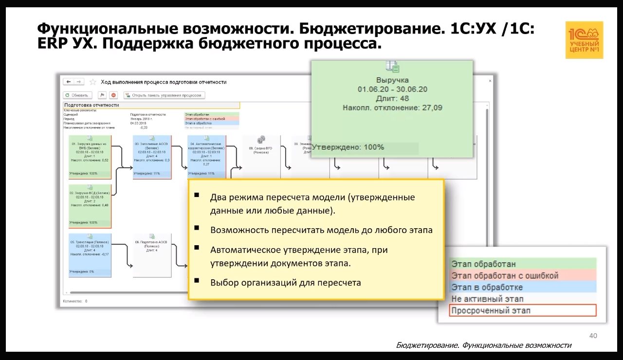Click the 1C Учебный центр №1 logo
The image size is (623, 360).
584,40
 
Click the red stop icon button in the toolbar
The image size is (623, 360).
113,95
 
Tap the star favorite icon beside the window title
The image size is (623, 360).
92,82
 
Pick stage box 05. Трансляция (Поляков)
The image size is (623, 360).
90,255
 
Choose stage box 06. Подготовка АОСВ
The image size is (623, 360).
152,255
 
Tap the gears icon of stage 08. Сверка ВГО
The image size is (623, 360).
261,140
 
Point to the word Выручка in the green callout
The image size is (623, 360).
392,80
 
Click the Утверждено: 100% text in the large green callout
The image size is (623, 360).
348,147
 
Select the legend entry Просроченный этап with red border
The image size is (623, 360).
523,310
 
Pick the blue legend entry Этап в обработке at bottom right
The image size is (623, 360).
523,287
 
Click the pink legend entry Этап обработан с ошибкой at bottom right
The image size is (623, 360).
523,275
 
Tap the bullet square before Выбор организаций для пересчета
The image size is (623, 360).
197,280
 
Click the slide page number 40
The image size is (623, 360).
593,336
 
